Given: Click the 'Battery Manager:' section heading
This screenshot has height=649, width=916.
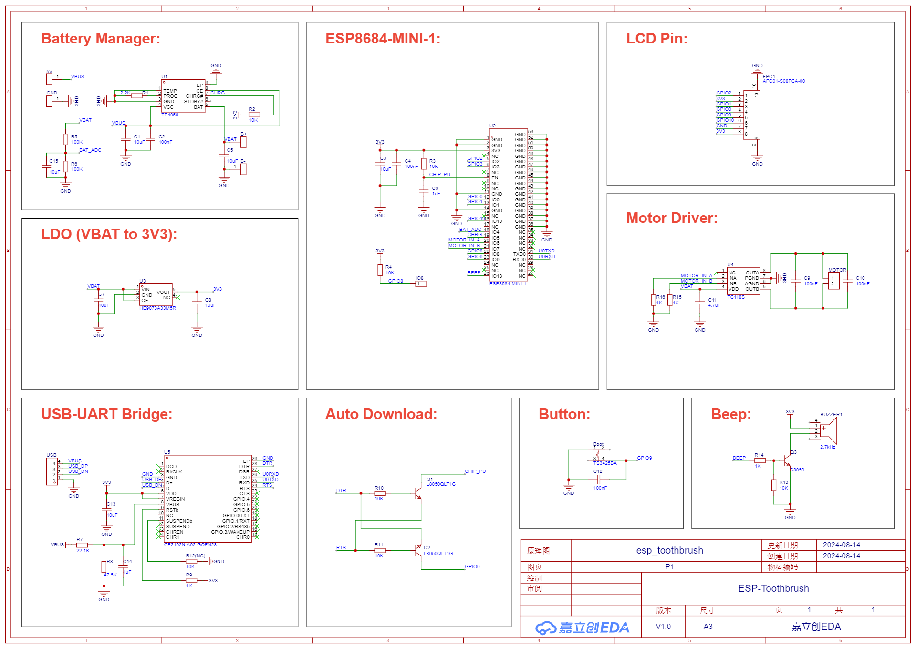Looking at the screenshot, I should [x=100, y=39].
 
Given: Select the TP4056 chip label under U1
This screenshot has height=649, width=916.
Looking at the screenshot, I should [x=170, y=115].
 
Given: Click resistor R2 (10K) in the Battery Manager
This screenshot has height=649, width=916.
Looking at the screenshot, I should [x=254, y=115].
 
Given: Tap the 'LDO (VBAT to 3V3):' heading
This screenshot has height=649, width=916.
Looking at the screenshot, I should [x=109, y=234].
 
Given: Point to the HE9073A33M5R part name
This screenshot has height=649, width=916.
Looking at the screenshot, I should [x=157, y=308].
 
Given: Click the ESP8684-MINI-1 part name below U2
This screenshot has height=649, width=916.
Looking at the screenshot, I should [x=508, y=284].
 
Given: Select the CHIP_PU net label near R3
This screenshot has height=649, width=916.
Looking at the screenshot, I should [x=439, y=175].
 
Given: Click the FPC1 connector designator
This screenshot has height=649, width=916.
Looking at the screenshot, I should [x=769, y=76].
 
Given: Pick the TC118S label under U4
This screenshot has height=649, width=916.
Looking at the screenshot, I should [x=736, y=297].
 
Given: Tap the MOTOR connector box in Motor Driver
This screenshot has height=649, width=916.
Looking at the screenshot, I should [x=833, y=281].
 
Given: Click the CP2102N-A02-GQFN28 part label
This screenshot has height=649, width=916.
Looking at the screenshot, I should [x=190, y=545].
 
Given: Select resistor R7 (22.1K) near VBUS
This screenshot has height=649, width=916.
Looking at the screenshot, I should [x=82, y=544].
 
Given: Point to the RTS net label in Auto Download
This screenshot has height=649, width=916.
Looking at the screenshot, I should [x=341, y=548].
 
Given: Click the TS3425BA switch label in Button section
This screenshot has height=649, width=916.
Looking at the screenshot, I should [x=605, y=463].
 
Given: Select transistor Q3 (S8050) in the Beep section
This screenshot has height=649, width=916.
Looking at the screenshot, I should [x=788, y=461].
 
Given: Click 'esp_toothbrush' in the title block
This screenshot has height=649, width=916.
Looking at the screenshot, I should [x=669, y=550].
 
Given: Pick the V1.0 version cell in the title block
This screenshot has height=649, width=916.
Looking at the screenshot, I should [x=663, y=627].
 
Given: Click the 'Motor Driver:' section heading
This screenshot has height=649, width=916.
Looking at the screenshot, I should [x=672, y=218].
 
